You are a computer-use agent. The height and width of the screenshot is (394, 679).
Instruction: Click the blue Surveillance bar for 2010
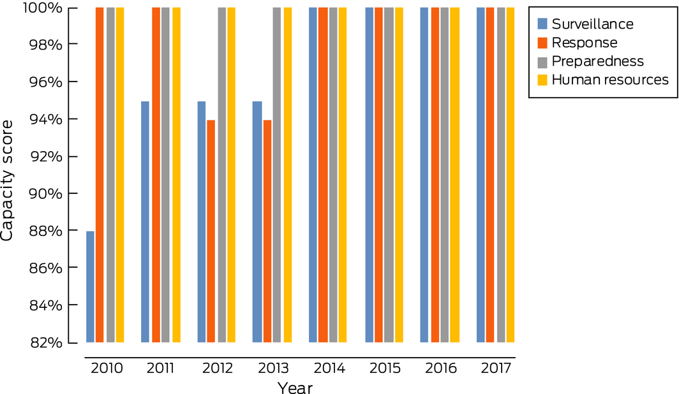[90, 287]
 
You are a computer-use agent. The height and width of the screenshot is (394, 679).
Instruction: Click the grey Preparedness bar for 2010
[110, 175]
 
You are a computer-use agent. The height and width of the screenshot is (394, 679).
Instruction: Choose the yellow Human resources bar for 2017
[510, 175]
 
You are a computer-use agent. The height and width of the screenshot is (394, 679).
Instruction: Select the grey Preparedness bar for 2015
[389, 175]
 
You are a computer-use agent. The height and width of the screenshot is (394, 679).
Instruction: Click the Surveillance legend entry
[592, 24]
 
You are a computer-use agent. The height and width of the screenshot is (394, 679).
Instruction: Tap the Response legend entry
[585, 43]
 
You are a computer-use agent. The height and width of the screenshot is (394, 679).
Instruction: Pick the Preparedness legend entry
[597, 61]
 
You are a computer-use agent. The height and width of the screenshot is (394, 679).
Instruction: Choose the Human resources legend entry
[609, 80]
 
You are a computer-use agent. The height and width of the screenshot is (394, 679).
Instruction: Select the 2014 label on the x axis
[329, 368]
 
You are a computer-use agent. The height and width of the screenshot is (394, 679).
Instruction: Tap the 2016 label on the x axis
[441, 368]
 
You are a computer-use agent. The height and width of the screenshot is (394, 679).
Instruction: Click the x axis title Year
[295, 387]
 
